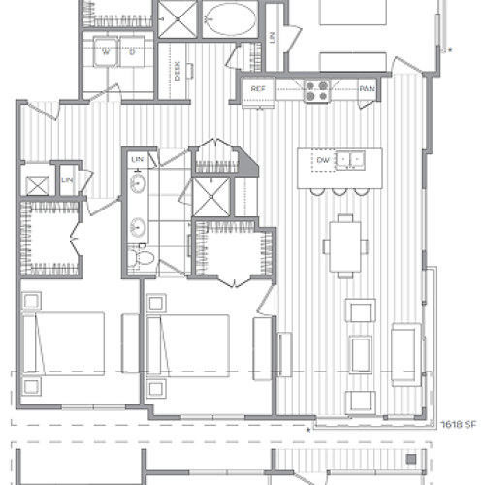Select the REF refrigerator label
coord(258,88)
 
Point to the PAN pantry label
coord(367,88)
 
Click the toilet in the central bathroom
coord(145,257)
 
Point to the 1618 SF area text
coord(461,424)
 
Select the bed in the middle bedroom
coord(188,344)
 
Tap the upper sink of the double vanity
coord(139,184)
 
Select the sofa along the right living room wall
coord(404,354)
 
